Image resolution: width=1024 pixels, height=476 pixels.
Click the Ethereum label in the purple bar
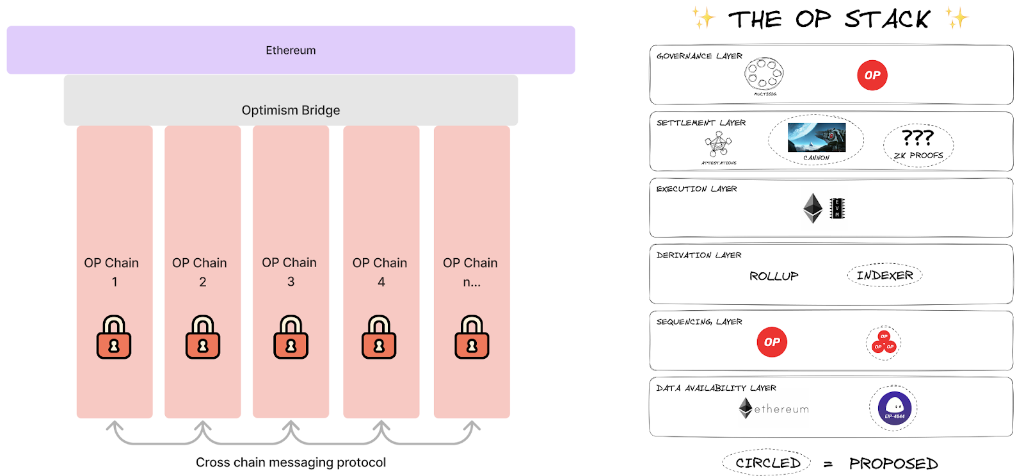291,50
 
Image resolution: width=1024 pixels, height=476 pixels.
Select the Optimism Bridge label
291,110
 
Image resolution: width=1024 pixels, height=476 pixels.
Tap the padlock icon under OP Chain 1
114,337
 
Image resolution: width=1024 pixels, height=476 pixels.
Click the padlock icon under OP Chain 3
291,337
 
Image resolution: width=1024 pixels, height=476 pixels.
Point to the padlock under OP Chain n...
472,337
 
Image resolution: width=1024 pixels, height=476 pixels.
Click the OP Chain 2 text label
200,272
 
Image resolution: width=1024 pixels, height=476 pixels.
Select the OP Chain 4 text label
380,272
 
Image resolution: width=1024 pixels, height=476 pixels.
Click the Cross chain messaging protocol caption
291,462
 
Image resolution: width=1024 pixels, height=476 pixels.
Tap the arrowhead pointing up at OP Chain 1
115,425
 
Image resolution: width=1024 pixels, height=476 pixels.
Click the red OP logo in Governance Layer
872,75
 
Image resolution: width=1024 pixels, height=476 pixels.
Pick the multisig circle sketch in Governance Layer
764,74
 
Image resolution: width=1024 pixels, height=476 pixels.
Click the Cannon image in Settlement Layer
817,137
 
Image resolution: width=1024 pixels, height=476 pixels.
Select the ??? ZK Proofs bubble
918,145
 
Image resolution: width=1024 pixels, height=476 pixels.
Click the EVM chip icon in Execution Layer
837,208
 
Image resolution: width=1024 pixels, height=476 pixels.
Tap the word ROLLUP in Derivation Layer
774,276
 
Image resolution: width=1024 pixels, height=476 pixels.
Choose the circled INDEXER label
885,275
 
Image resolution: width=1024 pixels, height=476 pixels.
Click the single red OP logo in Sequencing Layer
772,342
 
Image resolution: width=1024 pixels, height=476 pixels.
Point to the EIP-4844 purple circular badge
894,408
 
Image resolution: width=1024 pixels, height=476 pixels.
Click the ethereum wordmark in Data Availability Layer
781,409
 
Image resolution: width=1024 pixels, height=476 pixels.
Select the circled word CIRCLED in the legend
767,463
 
